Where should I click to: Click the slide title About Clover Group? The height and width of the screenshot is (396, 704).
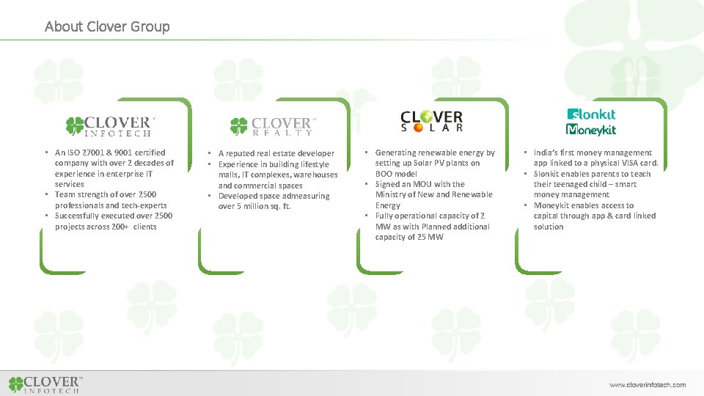point(107,26)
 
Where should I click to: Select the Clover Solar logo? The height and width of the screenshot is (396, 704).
point(432,121)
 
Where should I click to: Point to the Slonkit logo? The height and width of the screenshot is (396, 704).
point(592,114)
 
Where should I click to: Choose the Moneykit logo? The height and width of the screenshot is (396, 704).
point(591,130)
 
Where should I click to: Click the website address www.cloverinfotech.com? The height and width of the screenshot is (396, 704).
point(648,384)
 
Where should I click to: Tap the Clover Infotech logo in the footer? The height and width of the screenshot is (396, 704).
point(45,384)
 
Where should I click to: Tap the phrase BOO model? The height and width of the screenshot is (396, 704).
point(396,174)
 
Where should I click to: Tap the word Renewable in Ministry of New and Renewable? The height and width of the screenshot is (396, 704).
point(474,194)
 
